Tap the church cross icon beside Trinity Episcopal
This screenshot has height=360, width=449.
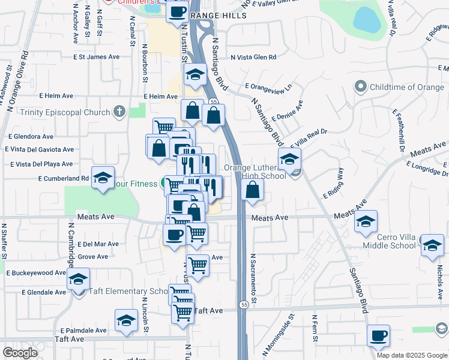119,112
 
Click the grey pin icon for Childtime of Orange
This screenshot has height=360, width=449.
361,87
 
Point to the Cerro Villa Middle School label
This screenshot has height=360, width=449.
390,241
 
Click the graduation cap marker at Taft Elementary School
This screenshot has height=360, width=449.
78,280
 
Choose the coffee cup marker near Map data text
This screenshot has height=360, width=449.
378,337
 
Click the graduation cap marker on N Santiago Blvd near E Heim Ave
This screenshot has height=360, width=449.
195,75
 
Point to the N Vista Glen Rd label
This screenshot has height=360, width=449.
253,58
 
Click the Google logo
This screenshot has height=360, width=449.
20,353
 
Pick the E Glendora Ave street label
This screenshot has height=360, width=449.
30,137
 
